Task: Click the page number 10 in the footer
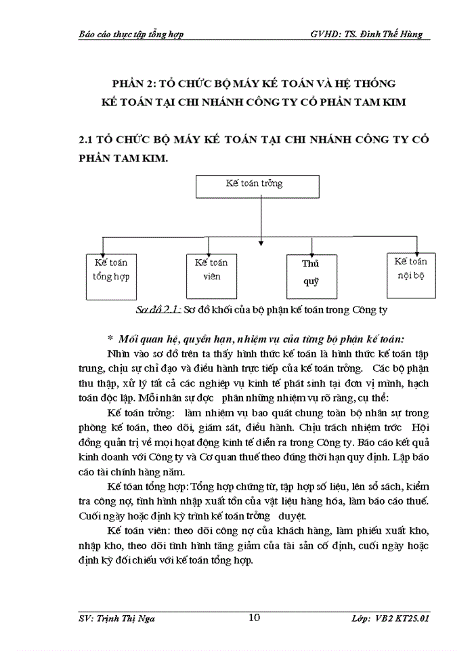[x=255, y=616]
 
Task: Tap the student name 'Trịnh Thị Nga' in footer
[x=145, y=618]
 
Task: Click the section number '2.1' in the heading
[x=87, y=138]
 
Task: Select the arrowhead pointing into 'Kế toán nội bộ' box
[x=415, y=248]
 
